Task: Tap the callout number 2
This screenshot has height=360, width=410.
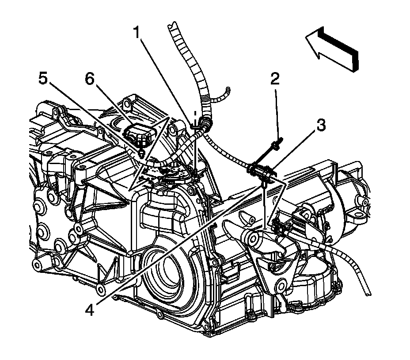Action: tap(275, 79)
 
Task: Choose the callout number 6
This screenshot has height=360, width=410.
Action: tap(89, 79)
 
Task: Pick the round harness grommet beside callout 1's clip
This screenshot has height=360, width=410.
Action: tap(205, 121)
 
